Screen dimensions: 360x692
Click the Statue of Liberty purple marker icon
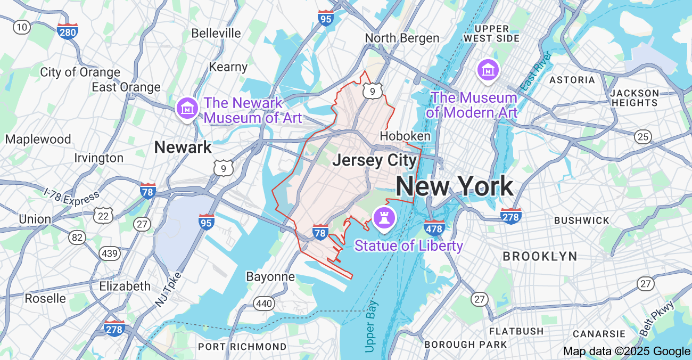(x=382, y=217)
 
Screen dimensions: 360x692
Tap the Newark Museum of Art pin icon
(x=187, y=109)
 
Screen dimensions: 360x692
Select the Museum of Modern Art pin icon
(x=488, y=70)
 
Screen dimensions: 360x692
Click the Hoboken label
(x=405, y=136)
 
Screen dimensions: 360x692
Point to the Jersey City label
(x=374, y=160)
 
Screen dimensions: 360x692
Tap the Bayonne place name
(x=270, y=276)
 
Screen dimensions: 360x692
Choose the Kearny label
(x=228, y=67)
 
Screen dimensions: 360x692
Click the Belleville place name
(x=216, y=33)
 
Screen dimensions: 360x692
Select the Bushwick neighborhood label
(x=581, y=220)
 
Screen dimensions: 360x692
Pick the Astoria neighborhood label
(x=572, y=80)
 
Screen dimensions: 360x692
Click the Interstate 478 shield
(x=434, y=227)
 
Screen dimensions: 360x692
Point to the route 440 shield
(x=264, y=304)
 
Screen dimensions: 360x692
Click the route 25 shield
(x=643, y=137)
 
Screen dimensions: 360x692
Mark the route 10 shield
(x=22, y=27)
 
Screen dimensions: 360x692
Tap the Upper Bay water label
(x=372, y=326)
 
